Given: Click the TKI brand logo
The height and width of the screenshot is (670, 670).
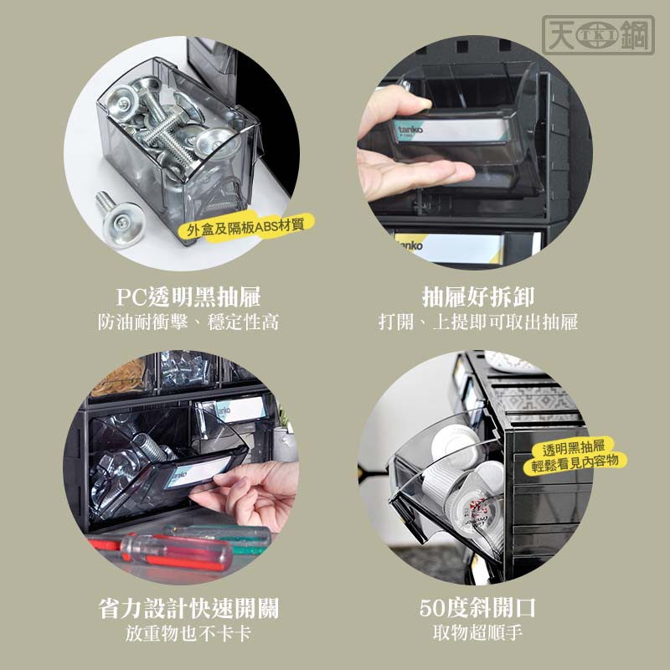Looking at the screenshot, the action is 598,35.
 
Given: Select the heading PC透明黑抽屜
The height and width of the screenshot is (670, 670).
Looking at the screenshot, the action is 188,296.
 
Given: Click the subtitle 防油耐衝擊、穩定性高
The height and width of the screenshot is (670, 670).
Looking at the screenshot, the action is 188,322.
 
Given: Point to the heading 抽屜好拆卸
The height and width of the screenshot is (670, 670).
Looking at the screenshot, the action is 478,296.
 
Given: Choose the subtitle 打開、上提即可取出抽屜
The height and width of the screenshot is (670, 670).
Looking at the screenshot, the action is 478,322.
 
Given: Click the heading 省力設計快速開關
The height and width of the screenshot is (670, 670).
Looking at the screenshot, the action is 188,608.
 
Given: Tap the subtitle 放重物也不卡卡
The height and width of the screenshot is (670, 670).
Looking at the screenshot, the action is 188,633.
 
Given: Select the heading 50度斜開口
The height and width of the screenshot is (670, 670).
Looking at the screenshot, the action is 477,608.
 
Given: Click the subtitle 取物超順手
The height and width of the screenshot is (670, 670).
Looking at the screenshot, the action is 477,633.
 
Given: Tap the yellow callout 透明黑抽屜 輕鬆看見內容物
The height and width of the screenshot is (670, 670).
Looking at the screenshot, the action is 575,456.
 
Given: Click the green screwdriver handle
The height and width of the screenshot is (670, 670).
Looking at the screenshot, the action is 222,535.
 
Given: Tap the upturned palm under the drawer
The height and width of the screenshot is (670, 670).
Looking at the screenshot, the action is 410,171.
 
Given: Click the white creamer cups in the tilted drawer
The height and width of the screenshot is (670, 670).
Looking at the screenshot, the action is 466,478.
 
